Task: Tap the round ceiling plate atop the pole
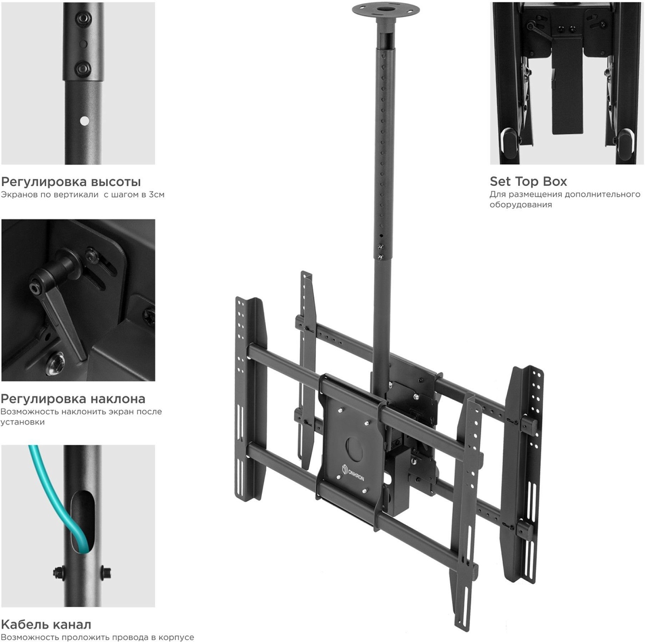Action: tap(385, 9)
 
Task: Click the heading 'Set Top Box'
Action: tap(528, 181)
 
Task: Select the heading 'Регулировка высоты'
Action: tap(71, 181)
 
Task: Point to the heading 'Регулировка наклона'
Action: tap(73, 399)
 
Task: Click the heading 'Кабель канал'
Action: tap(46, 624)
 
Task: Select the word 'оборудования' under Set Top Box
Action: tap(515, 205)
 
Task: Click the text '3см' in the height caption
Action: tap(157, 194)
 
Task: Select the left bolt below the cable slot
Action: tap(57, 572)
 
